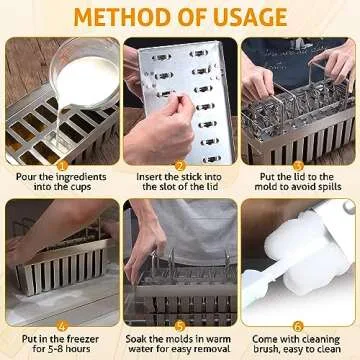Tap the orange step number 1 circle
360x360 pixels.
[x=62, y=165]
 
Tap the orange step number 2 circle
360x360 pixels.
[x=181, y=165]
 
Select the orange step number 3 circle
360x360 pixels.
[x=298, y=165]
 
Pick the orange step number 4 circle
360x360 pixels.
[x=62, y=325]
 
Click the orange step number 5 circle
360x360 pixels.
[x=181, y=325]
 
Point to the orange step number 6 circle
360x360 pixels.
[x=298, y=325]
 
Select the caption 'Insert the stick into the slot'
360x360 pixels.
[x=181, y=183]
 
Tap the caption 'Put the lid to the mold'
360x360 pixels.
[x=298, y=183]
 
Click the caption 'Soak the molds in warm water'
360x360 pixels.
[x=181, y=343]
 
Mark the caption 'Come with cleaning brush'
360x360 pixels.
[x=298, y=343]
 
